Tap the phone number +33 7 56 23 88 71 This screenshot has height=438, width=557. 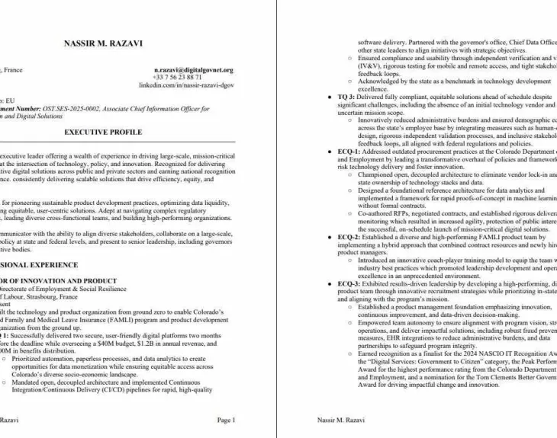(177, 78)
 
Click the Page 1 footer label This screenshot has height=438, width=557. (226, 420)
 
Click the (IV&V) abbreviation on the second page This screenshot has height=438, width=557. (371, 66)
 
